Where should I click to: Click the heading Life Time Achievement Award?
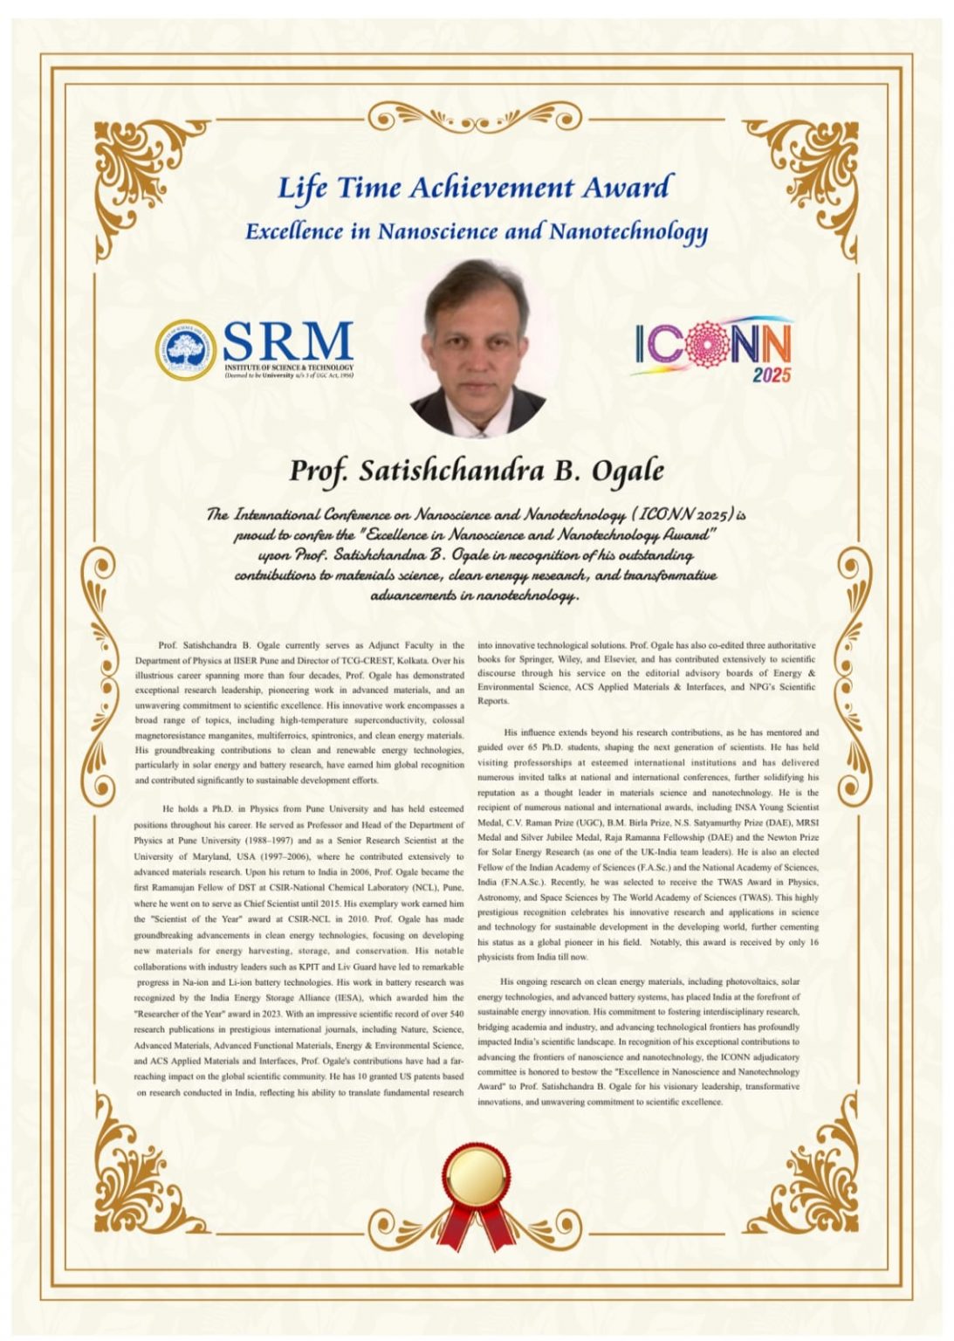click(476, 188)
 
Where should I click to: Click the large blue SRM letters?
click(287, 341)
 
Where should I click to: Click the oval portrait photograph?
click(477, 347)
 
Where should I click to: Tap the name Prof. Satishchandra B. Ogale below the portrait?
click(477, 471)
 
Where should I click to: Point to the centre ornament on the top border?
click(477, 117)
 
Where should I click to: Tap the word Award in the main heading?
click(628, 188)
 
